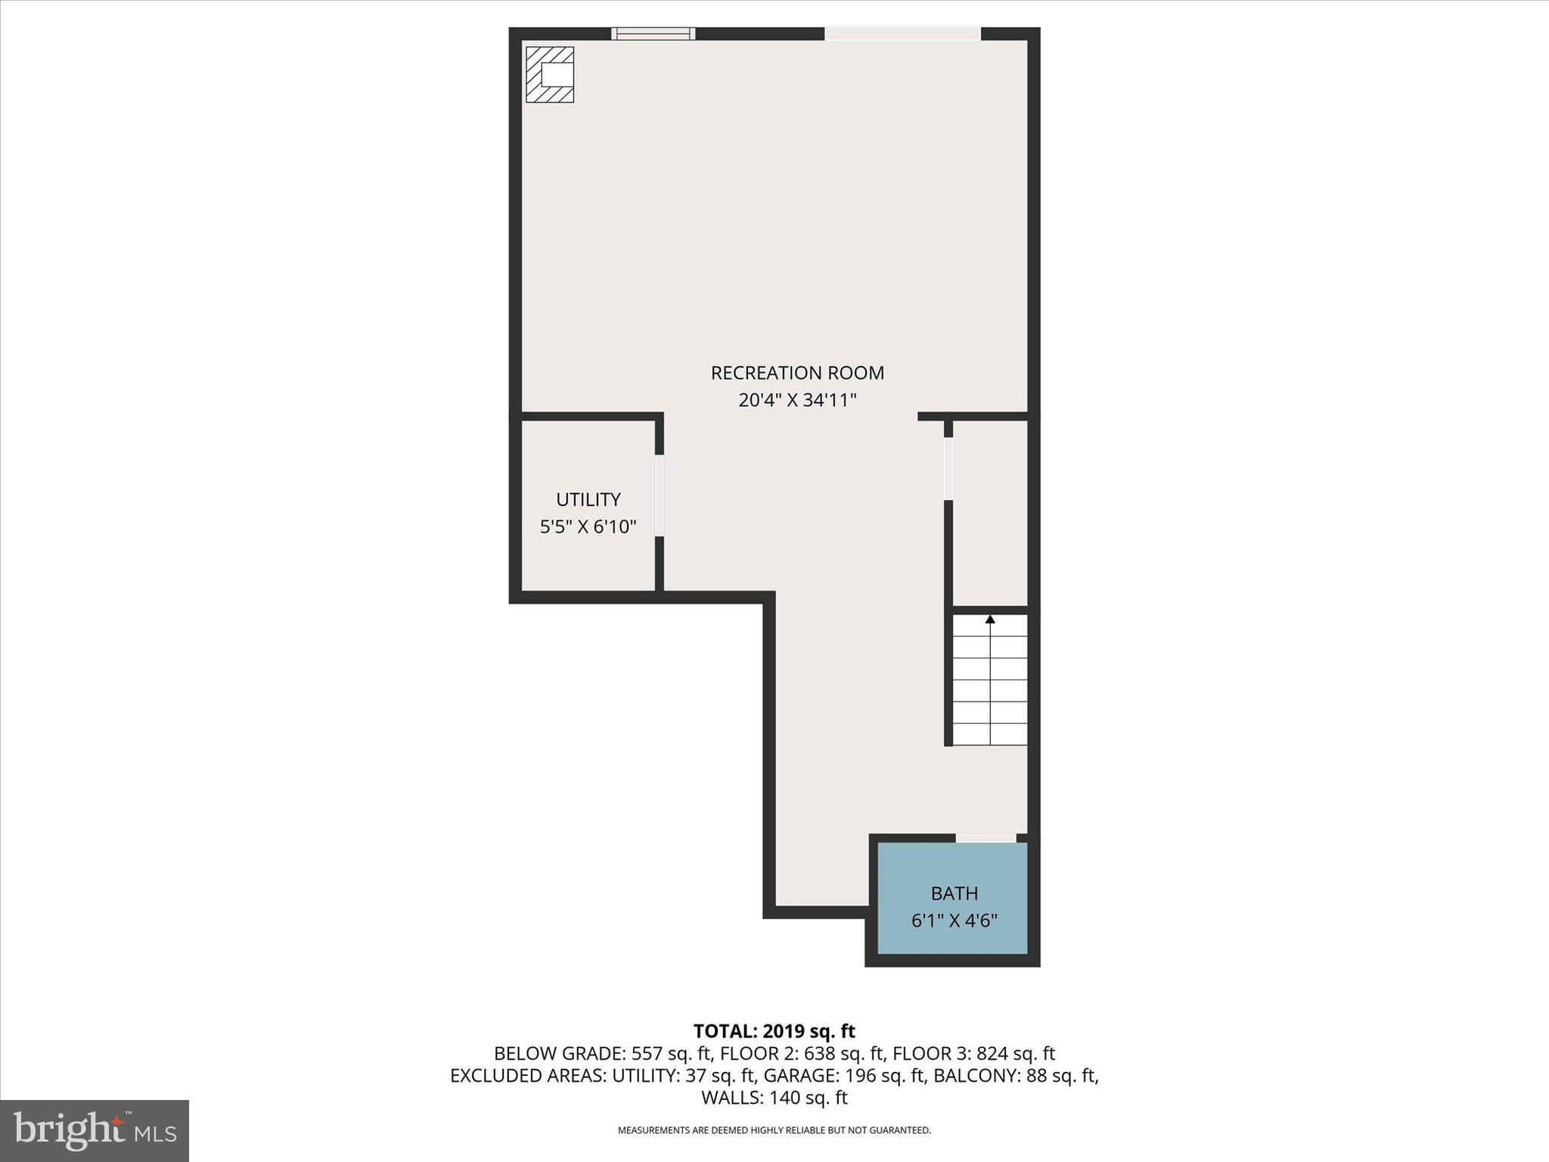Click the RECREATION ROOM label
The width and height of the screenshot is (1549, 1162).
click(797, 373)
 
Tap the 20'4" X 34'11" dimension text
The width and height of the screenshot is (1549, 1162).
click(797, 400)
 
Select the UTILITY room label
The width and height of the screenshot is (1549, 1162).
click(588, 499)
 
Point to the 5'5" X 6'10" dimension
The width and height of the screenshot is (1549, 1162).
click(588, 527)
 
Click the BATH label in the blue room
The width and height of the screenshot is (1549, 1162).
click(955, 893)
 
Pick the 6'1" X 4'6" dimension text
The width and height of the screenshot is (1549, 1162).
click(955, 921)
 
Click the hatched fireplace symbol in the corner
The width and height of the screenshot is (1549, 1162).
click(550, 74)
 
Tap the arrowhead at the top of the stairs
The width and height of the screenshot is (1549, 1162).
click(990, 620)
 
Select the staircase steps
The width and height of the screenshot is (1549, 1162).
click(989, 681)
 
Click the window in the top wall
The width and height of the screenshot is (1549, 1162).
click(653, 33)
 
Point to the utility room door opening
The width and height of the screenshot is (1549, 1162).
click(660, 496)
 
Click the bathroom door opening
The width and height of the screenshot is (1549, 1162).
click(986, 837)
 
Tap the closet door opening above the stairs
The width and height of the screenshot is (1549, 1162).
click(948, 469)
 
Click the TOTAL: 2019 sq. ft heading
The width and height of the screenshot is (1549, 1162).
click(774, 1031)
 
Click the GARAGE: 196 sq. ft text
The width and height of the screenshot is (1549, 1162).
click(844, 1075)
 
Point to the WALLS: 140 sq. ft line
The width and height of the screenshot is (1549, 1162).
click(774, 1097)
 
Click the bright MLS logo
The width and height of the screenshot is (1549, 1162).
click(95, 1131)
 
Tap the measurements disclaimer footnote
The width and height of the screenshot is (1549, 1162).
click(774, 1130)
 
